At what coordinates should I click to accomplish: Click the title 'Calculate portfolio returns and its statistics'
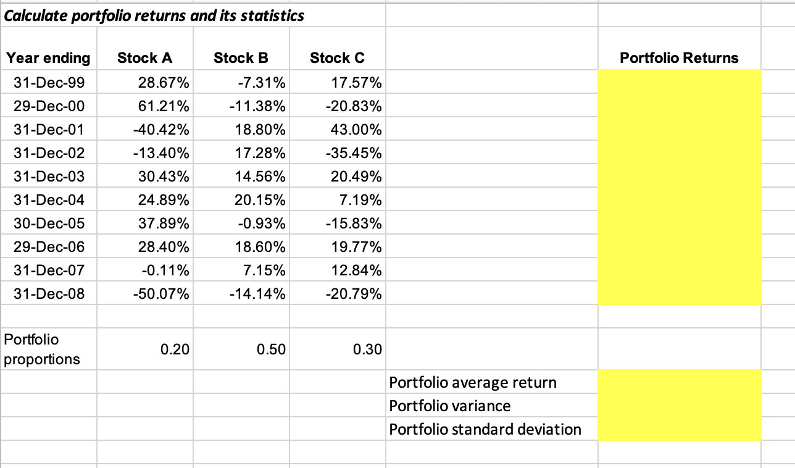[x=154, y=15]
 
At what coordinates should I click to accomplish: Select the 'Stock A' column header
[x=145, y=58]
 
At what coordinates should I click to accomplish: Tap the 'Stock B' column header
[x=241, y=58]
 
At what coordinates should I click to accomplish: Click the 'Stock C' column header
[x=337, y=58]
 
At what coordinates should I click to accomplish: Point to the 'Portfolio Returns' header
[x=679, y=58]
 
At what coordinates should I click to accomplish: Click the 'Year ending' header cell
[x=48, y=58]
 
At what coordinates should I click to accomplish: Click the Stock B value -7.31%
[x=261, y=83]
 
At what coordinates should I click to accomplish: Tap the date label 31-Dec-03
[x=49, y=177]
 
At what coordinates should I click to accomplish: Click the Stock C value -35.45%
[x=353, y=153]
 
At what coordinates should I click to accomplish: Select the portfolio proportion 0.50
[x=272, y=349]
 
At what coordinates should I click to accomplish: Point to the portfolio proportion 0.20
[x=175, y=349]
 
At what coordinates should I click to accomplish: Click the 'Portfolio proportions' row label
[x=42, y=349]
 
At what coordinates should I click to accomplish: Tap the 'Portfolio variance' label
[x=450, y=406]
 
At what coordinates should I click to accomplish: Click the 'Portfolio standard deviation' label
[x=485, y=429]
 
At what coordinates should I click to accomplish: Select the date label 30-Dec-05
[x=49, y=224]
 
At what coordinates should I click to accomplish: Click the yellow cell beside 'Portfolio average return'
[x=679, y=382]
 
